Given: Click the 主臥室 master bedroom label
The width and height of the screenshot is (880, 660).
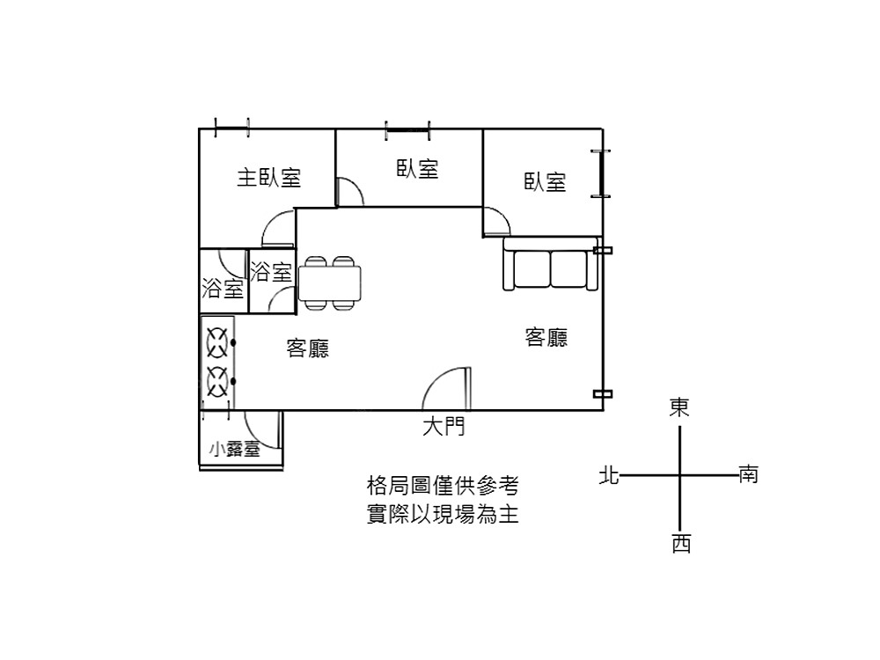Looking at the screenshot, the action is click(268, 178).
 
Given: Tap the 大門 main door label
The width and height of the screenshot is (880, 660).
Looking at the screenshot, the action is click(444, 427).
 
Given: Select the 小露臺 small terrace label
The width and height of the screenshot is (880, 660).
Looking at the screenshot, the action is click(235, 449).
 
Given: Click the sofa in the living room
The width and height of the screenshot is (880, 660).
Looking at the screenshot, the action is click(551, 264).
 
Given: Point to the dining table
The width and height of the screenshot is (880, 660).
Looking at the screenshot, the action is click(329, 283).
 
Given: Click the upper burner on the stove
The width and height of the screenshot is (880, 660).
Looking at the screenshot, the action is click(217, 342).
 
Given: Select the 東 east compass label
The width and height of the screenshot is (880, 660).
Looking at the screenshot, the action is click(679, 407).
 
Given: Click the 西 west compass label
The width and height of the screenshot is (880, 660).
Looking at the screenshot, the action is click(681, 543).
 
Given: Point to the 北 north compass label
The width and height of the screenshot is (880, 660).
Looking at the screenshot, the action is click(609, 475).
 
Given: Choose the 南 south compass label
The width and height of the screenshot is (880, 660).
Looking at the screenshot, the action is click(749, 474).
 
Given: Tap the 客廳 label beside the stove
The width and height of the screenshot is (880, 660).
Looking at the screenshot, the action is click(307, 348).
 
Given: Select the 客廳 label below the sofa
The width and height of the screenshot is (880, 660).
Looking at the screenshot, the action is click(546, 337).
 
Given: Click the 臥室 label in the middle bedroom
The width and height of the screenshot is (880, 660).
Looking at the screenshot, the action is click(417, 168).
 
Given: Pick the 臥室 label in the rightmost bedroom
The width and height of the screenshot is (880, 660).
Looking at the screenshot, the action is click(545, 182).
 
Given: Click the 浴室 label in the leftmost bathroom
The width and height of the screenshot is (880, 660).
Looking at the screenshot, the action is click(223, 289).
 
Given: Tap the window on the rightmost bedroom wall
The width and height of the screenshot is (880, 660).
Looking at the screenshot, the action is click(601, 174).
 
